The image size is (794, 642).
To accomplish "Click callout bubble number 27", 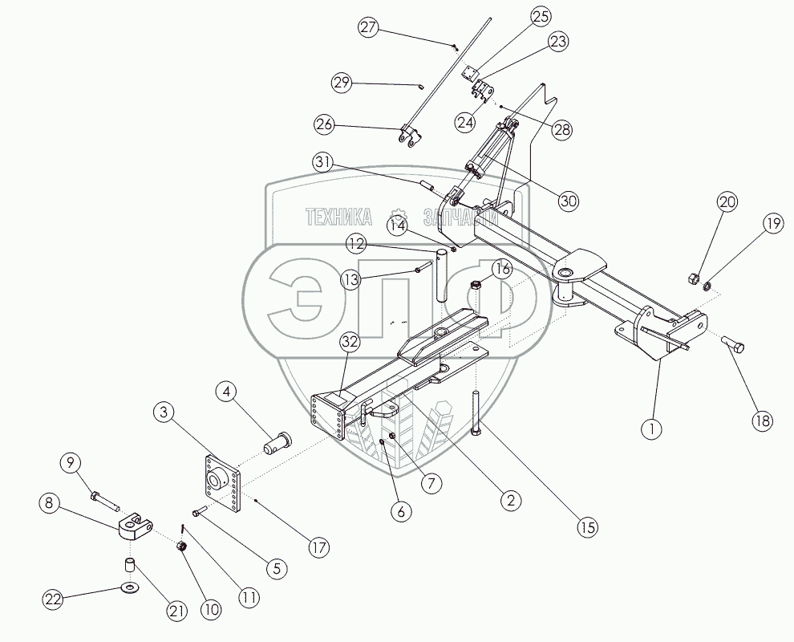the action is [368, 28].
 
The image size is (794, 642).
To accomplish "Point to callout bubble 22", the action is [53, 598].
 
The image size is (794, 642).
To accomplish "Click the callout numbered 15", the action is [590, 527].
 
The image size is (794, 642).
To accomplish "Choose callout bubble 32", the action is [350, 342].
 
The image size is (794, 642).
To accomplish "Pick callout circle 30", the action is [569, 201].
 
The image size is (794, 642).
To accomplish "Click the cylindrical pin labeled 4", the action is [277, 441].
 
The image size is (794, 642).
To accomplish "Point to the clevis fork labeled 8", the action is [135, 528].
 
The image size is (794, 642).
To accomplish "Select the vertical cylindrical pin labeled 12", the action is [442, 275].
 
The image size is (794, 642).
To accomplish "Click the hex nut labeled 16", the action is [475, 283].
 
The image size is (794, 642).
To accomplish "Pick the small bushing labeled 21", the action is [128, 565].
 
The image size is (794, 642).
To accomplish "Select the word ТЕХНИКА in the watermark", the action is [339, 216].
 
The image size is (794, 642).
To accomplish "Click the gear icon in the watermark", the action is [397, 217].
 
